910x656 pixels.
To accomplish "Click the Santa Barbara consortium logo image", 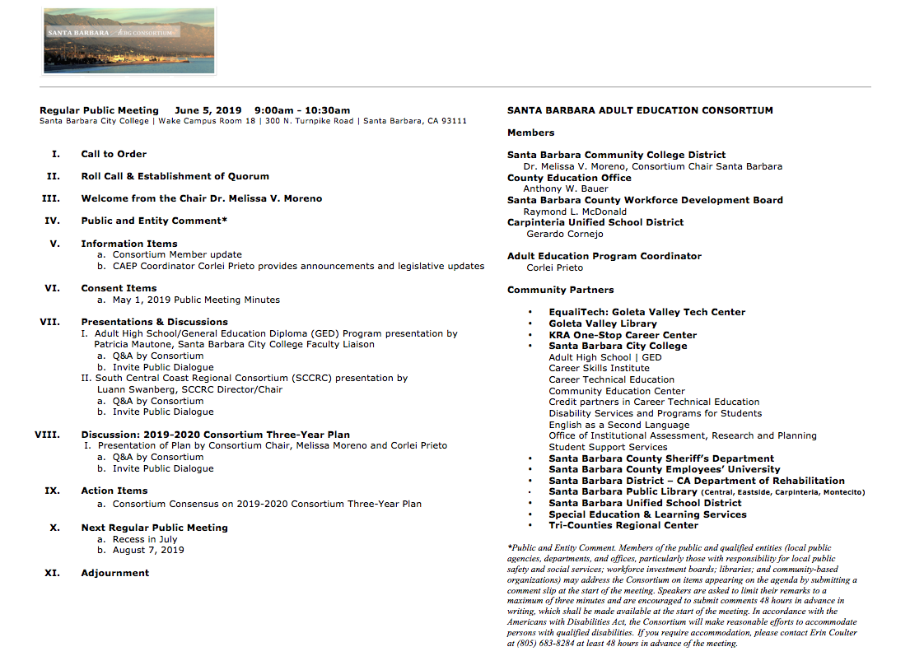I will click(x=129, y=41).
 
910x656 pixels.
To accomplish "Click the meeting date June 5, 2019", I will click(x=208, y=110).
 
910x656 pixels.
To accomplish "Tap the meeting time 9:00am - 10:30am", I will click(x=302, y=110).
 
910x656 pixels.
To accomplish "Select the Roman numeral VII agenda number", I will click(x=49, y=322).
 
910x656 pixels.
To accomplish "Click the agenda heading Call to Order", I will click(x=114, y=154).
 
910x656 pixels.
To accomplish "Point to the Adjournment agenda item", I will click(x=115, y=573).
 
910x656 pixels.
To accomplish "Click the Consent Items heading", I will click(x=119, y=288).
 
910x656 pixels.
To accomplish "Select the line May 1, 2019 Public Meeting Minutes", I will click(x=196, y=300).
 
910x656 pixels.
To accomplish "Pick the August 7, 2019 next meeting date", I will click(x=148, y=550).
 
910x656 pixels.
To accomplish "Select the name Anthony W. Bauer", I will click(x=566, y=188).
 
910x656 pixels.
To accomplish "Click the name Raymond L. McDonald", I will click(x=575, y=212).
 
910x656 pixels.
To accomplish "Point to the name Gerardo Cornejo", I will click(x=565, y=234).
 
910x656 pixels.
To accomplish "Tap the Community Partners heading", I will click(x=560, y=290).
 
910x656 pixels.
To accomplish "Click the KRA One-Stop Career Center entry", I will click(x=623, y=335).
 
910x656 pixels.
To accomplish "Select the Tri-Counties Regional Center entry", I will click(x=623, y=525).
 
